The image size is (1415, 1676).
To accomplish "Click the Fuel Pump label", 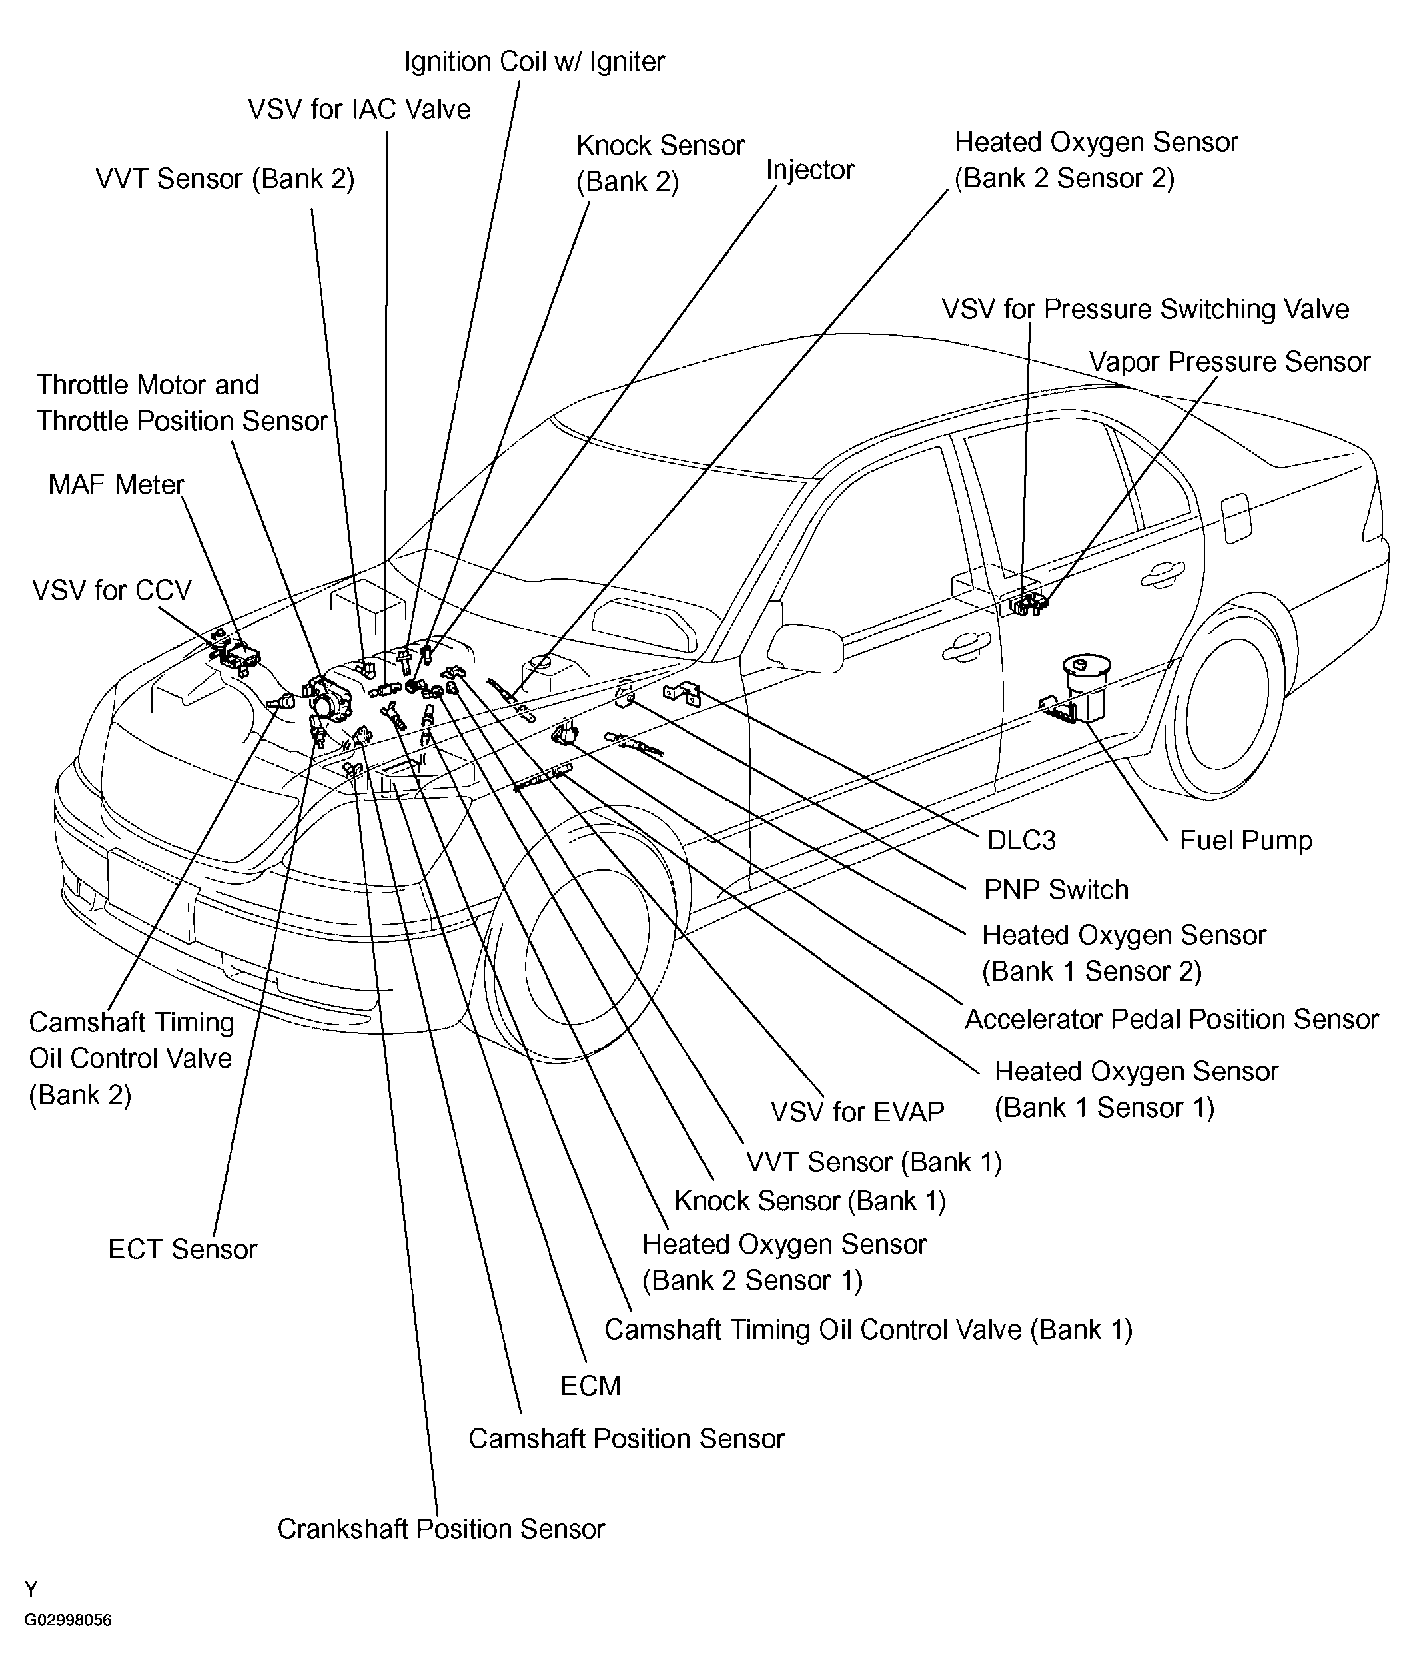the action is pyautogui.click(x=1246, y=841).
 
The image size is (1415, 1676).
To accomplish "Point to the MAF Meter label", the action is pyautogui.click(x=117, y=484).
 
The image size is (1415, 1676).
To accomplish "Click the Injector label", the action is pyautogui.click(x=809, y=170).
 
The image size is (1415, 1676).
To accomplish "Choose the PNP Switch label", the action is pyautogui.click(x=1056, y=889).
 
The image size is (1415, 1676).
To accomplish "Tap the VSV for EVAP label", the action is pyautogui.click(x=857, y=1112).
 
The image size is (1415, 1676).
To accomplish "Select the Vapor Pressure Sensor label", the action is pyautogui.click(x=1229, y=362).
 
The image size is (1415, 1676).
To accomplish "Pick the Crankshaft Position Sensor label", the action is pyautogui.click(x=440, y=1528).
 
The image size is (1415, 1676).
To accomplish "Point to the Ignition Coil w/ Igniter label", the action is pyautogui.click(x=534, y=62).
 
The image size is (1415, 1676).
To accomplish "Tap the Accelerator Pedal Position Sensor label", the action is pyautogui.click(x=1171, y=1019).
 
